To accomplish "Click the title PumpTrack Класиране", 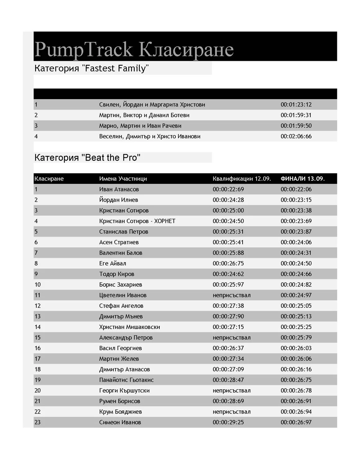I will pos(134,49).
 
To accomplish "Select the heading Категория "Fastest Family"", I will pos(91,68).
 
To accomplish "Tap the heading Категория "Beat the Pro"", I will pos(87,158).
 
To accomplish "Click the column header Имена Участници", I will pos(123,179).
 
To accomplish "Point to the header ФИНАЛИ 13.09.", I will pos(302,179).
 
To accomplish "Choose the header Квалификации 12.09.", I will pos(242,179).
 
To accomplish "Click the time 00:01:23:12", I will pos(296,105).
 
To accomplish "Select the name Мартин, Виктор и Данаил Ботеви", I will pos(144,115).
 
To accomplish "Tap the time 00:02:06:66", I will pos(296,136).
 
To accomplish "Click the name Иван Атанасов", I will pos(119,189).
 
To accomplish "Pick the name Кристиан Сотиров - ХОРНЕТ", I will pos(137,221).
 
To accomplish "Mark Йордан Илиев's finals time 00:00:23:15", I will pos(296,200).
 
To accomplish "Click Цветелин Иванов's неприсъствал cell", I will pos(231,295).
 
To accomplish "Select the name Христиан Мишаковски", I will pos(130,327).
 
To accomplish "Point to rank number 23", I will pos(38,422).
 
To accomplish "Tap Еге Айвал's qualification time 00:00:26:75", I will pos(228,263).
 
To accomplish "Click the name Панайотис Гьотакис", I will pos(126,380).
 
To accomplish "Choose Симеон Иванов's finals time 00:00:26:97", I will pos(296,422).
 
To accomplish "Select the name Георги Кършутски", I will pos(124,391).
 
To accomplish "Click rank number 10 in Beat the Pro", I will pos(38,285).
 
